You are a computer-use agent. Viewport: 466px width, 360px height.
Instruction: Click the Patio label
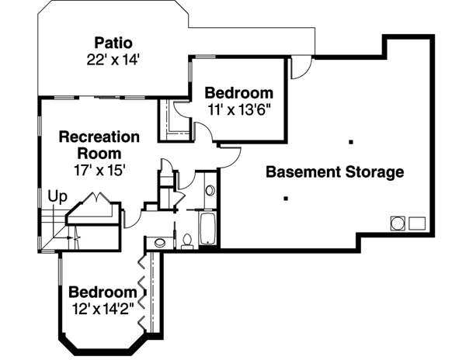114,41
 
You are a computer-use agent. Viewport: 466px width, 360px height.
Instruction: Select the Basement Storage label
335,171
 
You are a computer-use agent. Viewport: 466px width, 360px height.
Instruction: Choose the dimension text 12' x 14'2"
102,308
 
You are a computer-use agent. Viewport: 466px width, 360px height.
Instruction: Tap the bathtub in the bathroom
208,230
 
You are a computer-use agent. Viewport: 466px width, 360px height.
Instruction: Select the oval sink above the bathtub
210,190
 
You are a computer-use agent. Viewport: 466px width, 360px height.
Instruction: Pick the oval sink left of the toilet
160,242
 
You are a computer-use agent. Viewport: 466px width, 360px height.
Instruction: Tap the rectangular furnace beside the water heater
417,223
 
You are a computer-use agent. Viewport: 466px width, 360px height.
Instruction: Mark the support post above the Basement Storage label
351,141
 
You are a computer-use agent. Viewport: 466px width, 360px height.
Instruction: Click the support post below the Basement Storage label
287,199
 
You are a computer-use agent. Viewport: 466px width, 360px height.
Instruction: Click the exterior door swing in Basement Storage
299,68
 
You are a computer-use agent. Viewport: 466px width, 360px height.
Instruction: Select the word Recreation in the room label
99,137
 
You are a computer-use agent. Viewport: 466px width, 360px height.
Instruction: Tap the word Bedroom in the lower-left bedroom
102,292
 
